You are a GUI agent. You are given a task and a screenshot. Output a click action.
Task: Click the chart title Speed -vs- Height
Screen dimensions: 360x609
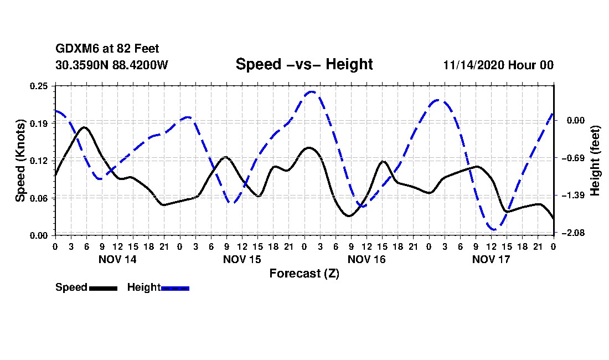point(304,64)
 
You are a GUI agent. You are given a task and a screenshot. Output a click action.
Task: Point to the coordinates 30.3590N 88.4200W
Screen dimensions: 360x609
point(112,65)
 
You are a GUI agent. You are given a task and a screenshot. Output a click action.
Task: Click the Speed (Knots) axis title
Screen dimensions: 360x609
point(20,161)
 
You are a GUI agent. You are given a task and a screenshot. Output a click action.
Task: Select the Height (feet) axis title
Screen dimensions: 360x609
point(595,161)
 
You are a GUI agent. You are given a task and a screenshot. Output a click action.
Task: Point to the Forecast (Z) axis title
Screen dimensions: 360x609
point(304,273)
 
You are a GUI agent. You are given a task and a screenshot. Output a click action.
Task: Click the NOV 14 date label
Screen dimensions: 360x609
point(117,259)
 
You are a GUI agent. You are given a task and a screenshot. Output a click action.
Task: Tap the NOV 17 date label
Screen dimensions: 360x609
point(492,259)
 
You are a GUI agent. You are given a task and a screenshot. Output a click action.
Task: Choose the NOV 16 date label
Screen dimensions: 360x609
point(367,259)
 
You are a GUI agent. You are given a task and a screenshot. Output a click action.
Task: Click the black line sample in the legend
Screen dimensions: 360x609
point(103,288)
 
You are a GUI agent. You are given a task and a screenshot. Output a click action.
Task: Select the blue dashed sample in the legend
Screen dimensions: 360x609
point(175,288)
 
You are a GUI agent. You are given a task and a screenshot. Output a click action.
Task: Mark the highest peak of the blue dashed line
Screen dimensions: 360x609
point(312,92)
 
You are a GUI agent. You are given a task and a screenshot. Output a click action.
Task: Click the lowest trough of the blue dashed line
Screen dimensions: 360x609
point(493,229)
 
